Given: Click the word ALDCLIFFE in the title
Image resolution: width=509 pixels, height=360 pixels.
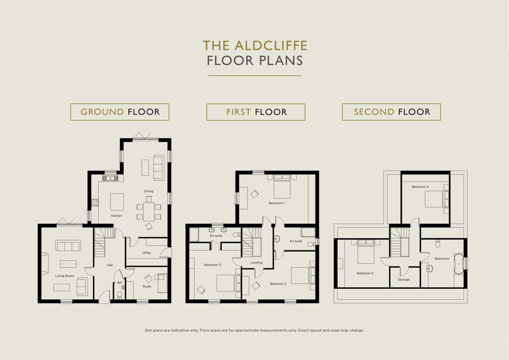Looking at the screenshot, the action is pos(271,45).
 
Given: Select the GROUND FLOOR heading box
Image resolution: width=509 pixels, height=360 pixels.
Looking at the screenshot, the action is pos(120,112).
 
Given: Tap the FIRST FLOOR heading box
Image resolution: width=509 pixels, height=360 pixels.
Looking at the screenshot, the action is pos(256,112).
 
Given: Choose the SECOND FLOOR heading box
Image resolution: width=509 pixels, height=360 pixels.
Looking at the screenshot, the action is pos(392,112).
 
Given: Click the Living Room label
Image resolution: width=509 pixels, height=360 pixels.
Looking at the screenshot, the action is pos(65,276).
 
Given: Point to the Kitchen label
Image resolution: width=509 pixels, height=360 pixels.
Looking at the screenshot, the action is pos(116,215).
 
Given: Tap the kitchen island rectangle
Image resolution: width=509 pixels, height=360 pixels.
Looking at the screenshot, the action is pos(117,202).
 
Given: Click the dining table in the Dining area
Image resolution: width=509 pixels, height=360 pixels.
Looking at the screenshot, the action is pos(149,211).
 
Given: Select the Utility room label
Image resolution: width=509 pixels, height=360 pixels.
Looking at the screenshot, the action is pos(147,253).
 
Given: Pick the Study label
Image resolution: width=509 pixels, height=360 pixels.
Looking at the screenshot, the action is pos(147,286).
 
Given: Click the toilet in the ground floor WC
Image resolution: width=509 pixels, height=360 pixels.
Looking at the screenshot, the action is pos(119,295).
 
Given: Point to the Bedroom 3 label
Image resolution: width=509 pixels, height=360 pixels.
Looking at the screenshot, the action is pos(212,265).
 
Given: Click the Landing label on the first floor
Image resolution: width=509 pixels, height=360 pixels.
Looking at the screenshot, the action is pos(256,263).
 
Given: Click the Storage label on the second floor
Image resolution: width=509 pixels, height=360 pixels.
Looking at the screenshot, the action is pos(404,279).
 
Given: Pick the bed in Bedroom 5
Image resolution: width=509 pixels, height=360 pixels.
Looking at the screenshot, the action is pos(366,252).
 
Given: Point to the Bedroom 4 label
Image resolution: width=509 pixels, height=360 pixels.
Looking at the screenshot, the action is pos(420,186).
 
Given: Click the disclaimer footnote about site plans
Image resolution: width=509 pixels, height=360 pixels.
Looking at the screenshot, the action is pos(254,331).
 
